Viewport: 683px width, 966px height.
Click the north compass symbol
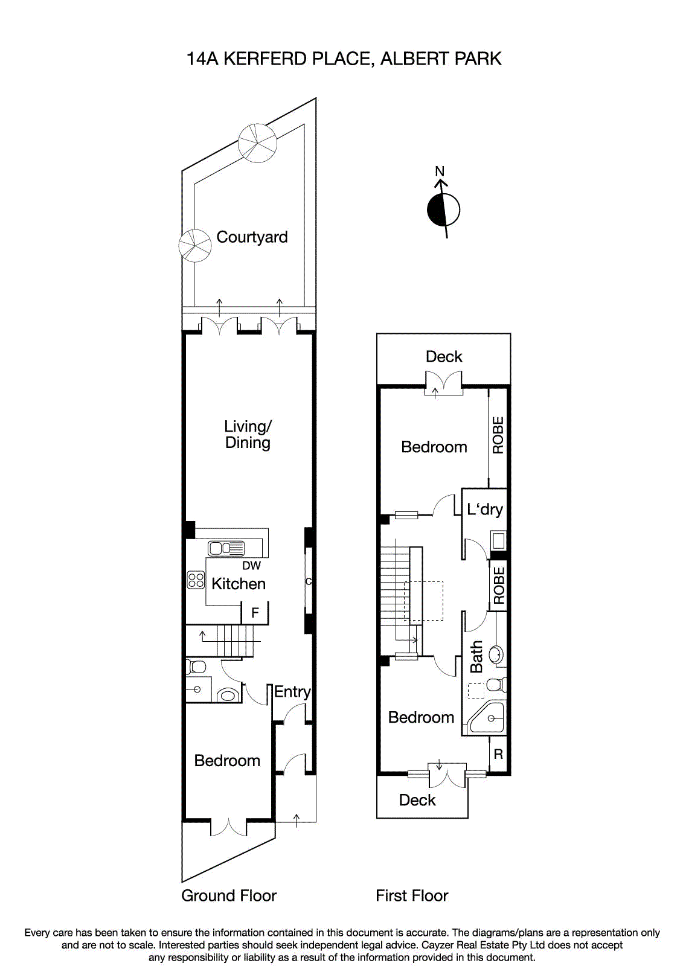443,210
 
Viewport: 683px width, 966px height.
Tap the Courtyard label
252,237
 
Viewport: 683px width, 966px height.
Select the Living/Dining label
248,435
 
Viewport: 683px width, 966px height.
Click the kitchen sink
226,548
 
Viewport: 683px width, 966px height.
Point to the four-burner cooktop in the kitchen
196,580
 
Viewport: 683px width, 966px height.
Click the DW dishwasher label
251,566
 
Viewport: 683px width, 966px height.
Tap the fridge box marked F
255,613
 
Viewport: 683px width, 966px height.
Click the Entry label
292,692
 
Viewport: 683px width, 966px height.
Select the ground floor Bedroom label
227,761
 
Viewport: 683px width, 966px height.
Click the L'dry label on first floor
484,510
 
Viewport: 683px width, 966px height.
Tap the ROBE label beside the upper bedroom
498,435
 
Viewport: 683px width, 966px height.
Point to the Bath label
476,657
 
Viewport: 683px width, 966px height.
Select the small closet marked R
498,754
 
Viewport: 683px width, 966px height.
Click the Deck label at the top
444,357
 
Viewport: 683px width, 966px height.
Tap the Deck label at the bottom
417,801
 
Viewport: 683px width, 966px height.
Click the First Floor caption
412,896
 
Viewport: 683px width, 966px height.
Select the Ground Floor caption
229,896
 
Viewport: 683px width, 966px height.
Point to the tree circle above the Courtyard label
258,143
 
